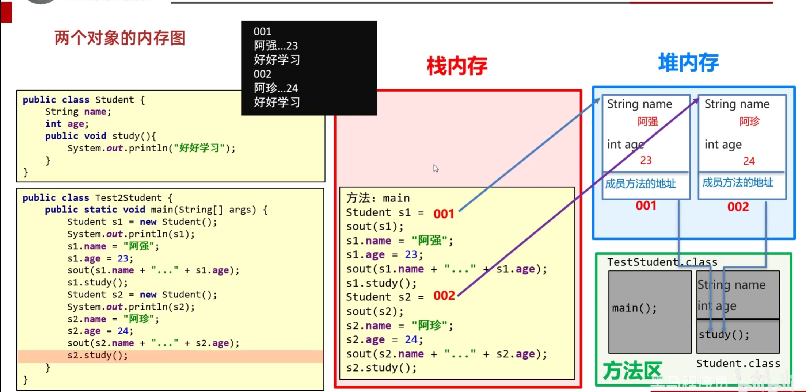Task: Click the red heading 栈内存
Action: (x=457, y=66)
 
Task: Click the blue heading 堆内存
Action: (x=688, y=62)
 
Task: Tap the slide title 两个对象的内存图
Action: (x=120, y=38)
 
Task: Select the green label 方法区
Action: (x=632, y=371)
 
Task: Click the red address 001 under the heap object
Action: (x=646, y=206)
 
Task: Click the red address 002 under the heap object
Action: (x=738, y=207)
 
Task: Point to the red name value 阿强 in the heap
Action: (x=647, y=122)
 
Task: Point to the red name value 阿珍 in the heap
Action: (x=749, y=122)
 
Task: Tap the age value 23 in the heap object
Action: (x=646, y=160)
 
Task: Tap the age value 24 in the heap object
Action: (x=749, y=161)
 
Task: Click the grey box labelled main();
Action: (x=650, y=312)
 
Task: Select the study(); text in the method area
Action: (x=724, y=335)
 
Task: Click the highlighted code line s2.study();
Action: (x=98, y=356)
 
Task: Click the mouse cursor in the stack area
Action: (x=436, y=168)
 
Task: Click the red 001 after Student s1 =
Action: (x=444, y=214)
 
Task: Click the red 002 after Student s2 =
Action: (x=444, y=296)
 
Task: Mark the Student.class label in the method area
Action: (x=738, y=364)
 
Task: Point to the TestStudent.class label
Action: (x=662, y=262)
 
